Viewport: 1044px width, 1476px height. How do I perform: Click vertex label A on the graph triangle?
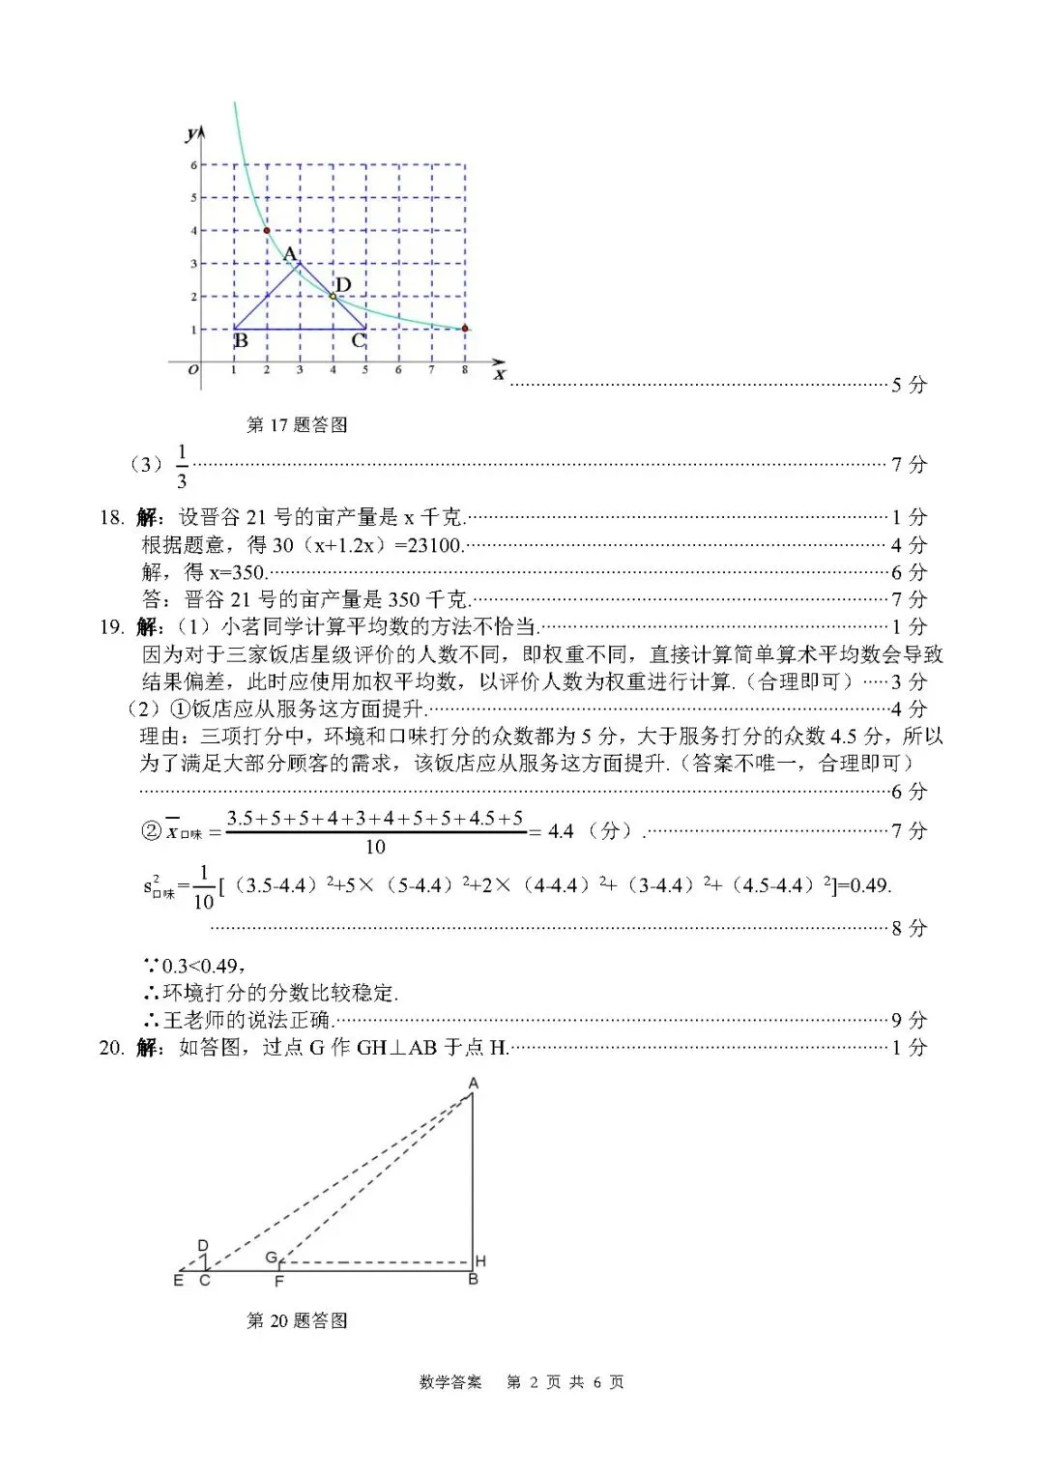(289, 254)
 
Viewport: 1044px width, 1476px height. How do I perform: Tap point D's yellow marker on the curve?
(333, 296)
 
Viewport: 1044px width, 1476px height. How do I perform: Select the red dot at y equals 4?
(267, 230)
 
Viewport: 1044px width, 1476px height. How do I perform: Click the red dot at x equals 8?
(464, 329)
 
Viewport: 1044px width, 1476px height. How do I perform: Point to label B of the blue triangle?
(242, 340)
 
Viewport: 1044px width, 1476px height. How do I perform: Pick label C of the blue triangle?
(358, 340)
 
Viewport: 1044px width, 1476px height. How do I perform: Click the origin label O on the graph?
(193, 370)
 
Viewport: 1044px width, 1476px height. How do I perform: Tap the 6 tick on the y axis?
(193, 165)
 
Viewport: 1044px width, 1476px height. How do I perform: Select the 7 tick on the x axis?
(431, 370)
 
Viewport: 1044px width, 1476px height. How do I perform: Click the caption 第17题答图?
(297, 424)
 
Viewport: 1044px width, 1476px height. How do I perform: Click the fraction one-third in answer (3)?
(182, 465)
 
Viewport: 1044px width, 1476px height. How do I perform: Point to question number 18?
(111, 517)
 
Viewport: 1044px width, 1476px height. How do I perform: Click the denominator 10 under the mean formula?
(375, 848)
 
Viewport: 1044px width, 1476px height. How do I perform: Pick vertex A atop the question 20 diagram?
(474, 1084)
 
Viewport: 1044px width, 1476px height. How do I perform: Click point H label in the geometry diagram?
(480, 1261)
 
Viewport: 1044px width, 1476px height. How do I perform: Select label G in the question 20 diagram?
(272, 1258)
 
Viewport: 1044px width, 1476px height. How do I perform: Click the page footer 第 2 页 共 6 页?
(565, 1382)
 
